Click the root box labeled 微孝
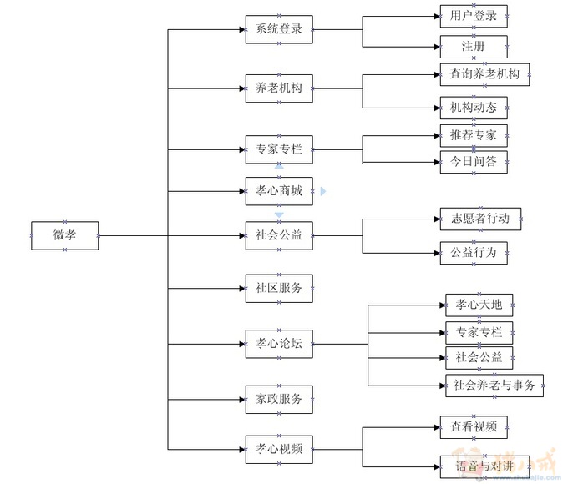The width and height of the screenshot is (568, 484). tap(64, 235)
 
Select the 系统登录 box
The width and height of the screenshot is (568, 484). tap(279, 29)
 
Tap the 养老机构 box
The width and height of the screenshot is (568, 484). tap(279, 88)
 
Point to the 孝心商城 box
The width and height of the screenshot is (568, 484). tap(279, 191)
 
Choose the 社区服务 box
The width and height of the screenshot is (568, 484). tap(279, 288)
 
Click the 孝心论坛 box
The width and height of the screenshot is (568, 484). tap(279, 344)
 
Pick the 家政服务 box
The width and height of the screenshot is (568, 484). tap(279, 400)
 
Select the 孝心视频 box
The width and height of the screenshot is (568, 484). tap(279, 449)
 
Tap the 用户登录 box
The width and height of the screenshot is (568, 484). tap(474, 16)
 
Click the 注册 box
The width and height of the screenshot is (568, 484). tap(474, 46)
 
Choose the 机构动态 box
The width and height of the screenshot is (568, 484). tap(474, 108)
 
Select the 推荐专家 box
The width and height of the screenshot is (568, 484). tap(474, 135)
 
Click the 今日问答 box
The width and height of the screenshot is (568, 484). tap(474, 162)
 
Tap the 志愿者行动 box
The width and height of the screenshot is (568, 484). tap(480, 219)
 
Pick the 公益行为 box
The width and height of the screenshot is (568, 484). tap(474, 252)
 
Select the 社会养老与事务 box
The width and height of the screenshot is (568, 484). tap(494, 385)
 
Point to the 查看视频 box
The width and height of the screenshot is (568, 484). tap(474, 427)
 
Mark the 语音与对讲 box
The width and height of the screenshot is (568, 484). tap(484, 466)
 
